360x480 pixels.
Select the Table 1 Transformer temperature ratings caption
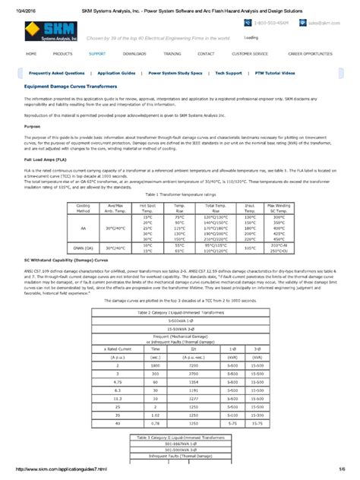180,195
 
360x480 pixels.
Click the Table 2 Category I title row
180,312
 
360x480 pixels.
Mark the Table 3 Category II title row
180,437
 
